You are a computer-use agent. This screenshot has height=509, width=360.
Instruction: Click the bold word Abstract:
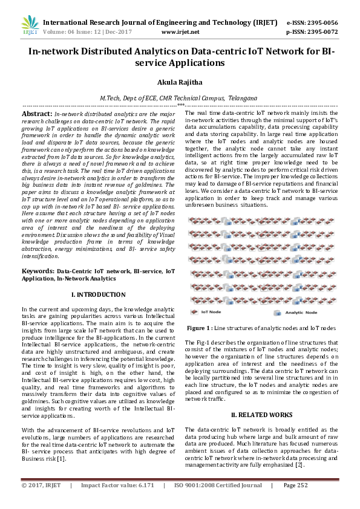click(37, 114)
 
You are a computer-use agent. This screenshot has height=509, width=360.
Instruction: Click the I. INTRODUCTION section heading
click(99, 294)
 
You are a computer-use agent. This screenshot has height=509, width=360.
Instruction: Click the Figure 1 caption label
click(199, 327)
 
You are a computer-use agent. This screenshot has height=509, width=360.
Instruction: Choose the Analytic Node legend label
click(301, 313)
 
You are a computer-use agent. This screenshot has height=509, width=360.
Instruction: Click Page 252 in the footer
click(295, 485)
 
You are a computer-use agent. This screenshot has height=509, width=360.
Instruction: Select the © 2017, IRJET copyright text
click(42, 485)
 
